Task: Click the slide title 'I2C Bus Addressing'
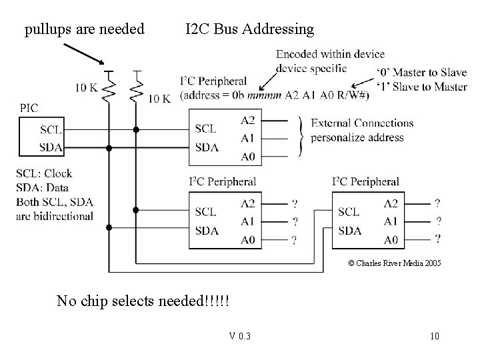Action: coord(249,29)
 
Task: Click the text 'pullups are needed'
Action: coord(84,29)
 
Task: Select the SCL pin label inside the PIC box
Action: coord(51,129)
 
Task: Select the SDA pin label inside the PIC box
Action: coord(51,146)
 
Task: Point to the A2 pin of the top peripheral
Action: coord(247,121)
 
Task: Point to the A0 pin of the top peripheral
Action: coord(247,155)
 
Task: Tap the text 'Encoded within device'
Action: coord(330,54)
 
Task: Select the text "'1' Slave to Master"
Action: coord(421,87)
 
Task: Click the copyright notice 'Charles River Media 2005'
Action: coord(394,263)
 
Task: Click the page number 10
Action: coord(434,336)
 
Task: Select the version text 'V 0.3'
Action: coord(239,336)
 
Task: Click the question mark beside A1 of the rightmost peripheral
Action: coord(438,221)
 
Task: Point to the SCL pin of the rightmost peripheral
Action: coord(349,212)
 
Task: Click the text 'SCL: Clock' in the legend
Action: coord(45,173)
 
